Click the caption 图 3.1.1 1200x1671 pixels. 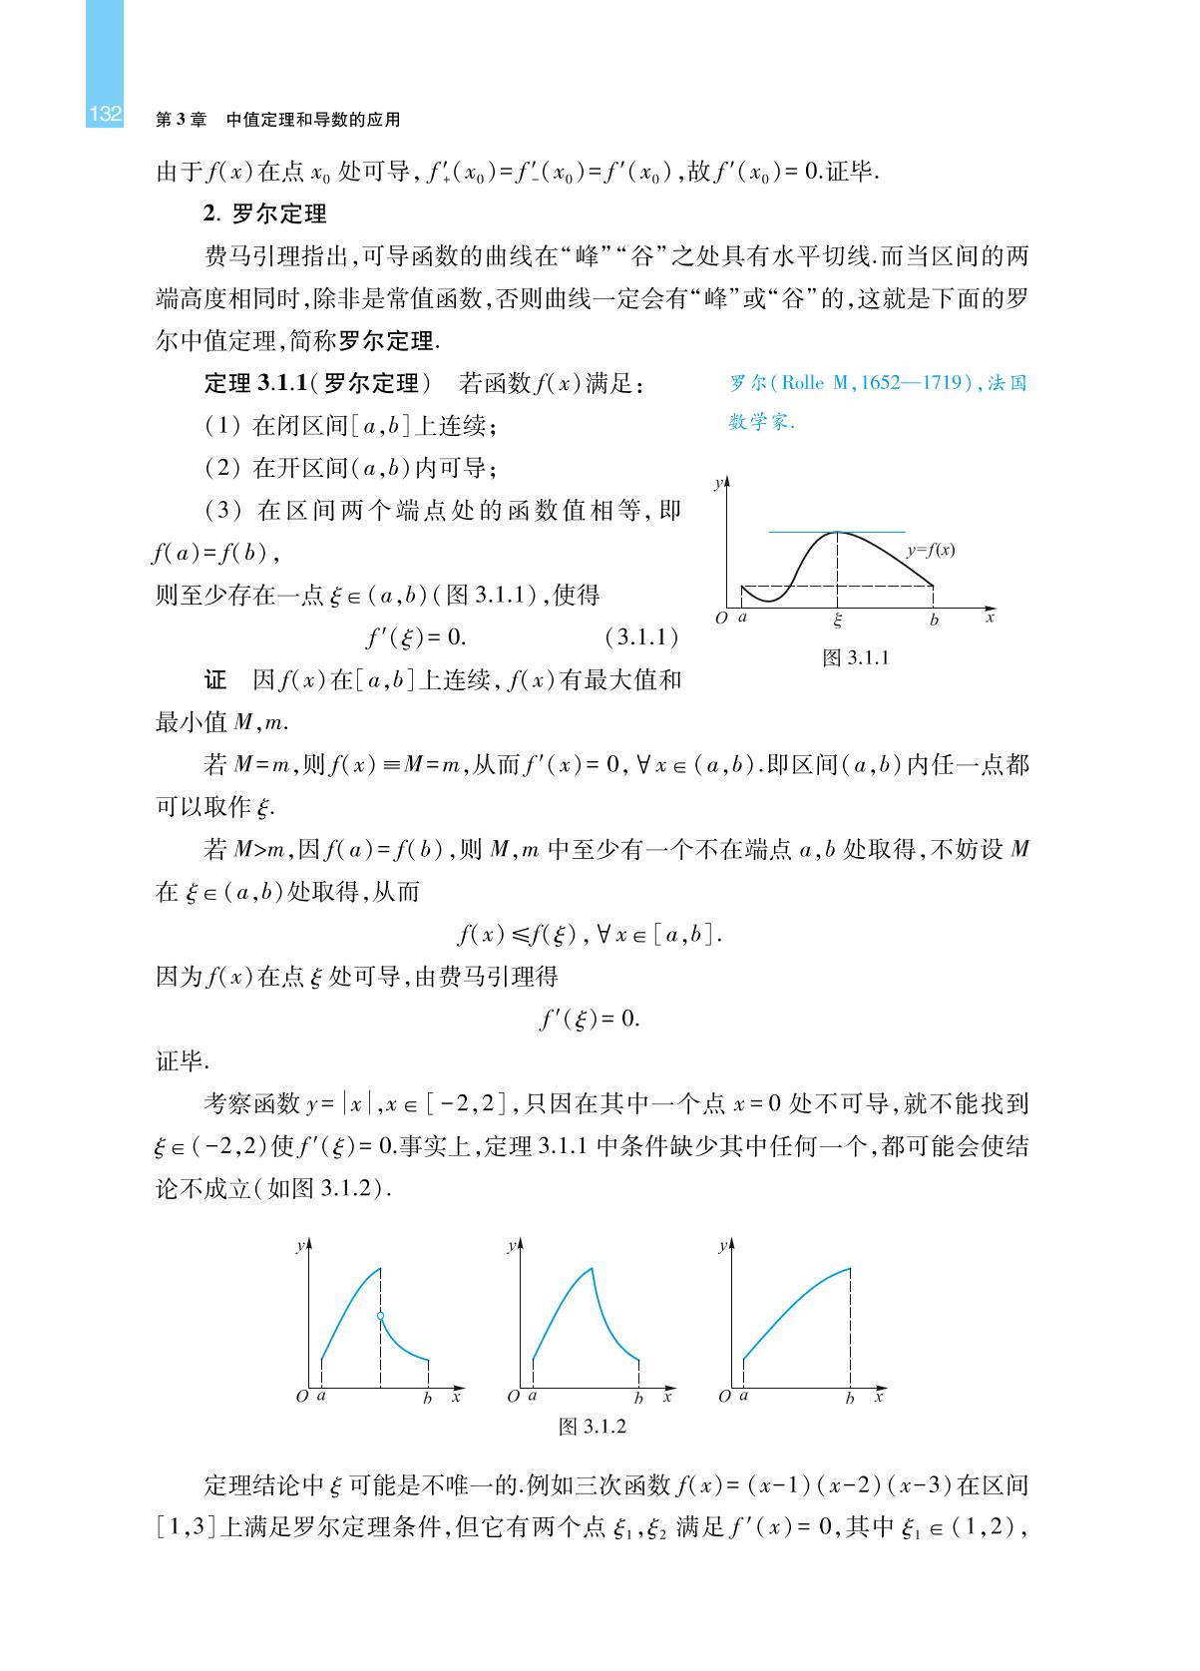tap(855, 657)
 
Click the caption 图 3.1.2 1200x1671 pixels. tap(592, 1426)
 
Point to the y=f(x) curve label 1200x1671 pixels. tap(931, 550)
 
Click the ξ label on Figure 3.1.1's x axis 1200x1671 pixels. tap(837, 620)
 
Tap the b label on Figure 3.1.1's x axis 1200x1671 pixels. tap(934, 620)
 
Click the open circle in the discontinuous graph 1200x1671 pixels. tap(380, 1316)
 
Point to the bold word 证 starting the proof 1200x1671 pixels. tap(215, 680)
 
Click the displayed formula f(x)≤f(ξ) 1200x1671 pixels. tap(589, 935)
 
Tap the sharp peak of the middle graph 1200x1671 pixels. tap(592, 1267)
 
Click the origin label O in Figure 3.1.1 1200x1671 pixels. tap(721, 619)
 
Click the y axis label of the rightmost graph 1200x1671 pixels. tap(722, 1247)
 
